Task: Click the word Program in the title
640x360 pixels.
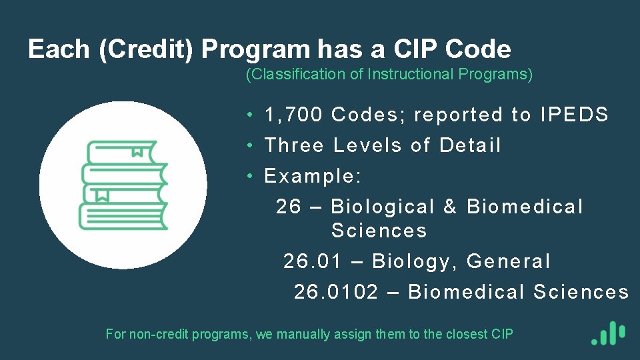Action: click(255, 49)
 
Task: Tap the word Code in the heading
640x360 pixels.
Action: click(478, 49)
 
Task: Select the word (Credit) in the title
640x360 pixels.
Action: click(147, 49)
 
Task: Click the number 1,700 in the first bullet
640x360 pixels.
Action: click(293, 115)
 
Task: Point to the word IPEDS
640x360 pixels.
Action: click(575, 115)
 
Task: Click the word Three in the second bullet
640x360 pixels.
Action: click(294, 145)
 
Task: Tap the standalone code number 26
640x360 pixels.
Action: click(289, 207)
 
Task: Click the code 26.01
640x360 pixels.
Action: click(312, 261)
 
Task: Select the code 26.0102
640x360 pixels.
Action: click(336, 292)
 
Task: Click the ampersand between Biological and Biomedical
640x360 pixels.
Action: click(450, 207)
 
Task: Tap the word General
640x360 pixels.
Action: click(509, 261)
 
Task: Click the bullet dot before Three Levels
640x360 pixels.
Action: click(248, 146)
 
